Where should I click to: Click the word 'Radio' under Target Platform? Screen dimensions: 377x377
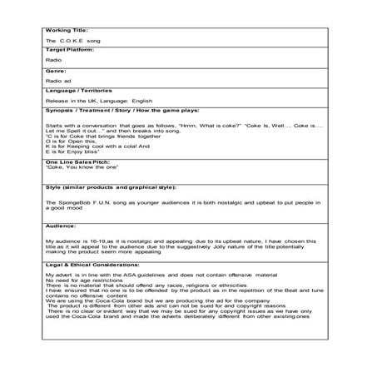point(54,60)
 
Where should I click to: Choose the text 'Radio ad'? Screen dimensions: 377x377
point(59,81)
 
